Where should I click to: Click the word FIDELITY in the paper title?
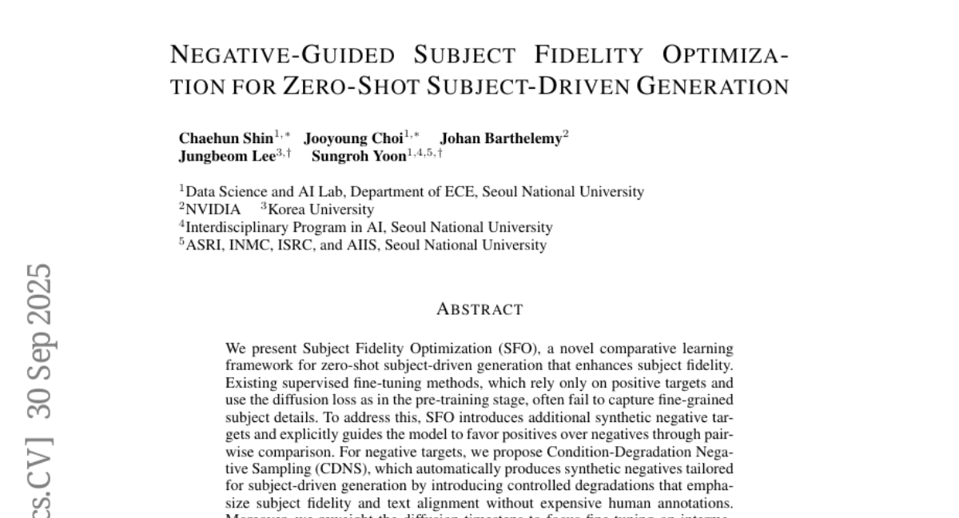[588, 55]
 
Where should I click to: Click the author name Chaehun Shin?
[225, 138]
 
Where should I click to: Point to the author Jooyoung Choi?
[353, 138]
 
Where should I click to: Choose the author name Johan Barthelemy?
[501, 138]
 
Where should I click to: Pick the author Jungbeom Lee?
[226, 156]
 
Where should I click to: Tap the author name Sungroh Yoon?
[359, 156]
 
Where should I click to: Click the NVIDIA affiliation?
[213, 209]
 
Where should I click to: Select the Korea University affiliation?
[320, 209]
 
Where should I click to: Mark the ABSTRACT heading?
[479, 309]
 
